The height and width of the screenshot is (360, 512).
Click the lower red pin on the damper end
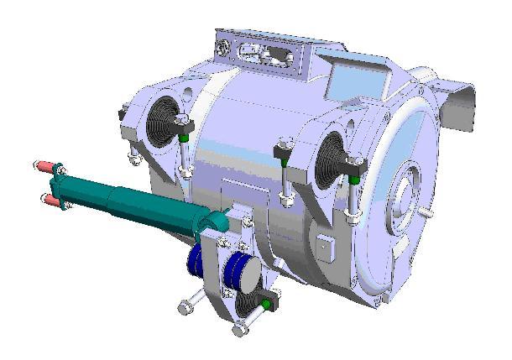tap(50, 201)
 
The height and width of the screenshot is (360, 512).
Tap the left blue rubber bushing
tap(195, 261)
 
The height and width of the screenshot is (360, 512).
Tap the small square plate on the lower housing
tap(326, 246)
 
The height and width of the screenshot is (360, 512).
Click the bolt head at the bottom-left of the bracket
tap(184, 308)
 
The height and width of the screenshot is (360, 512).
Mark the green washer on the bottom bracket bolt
tap(267, 301)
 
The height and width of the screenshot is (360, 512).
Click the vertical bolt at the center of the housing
tap(285, 176)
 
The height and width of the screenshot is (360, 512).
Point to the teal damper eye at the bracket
tap(220, 222)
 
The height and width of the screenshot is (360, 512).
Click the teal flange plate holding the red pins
tap(60, 183)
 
